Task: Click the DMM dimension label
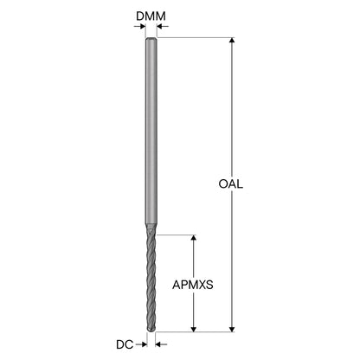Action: (151, 16)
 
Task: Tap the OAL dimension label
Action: (231, 183)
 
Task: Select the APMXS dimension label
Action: (193, 285)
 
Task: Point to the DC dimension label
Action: (125, 344)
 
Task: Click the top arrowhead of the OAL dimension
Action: (232, 41)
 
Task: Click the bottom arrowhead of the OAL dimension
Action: (232, 329)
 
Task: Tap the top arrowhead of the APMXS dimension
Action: (194, 238)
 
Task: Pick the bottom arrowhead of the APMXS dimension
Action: (194, 329)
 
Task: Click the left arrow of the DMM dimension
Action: (139, 27)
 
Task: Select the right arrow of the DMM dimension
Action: (163, 27)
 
